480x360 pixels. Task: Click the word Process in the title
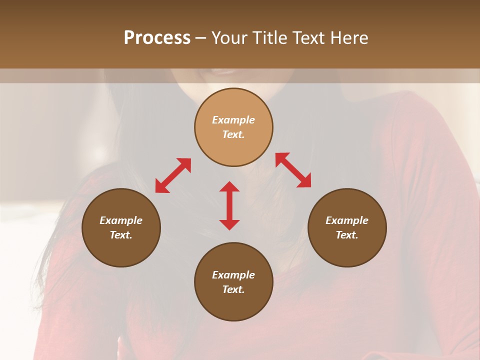tap(157, 38)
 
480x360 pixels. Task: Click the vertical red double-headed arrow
tap(229, 205)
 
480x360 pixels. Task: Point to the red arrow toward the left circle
tap(173, 175)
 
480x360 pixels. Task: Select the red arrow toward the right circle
tap(293, 170)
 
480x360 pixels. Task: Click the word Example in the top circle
tap(233, 120)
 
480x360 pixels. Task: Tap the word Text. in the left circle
tap(121, 235)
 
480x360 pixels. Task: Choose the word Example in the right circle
tap(347, 220)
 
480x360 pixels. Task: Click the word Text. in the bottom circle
tap(233, 289)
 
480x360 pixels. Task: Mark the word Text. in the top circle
tap(233, 134)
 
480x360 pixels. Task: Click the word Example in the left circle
tap(121, 220)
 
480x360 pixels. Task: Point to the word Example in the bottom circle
tap(233, 275)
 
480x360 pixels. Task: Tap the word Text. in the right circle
tap(347, 235)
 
